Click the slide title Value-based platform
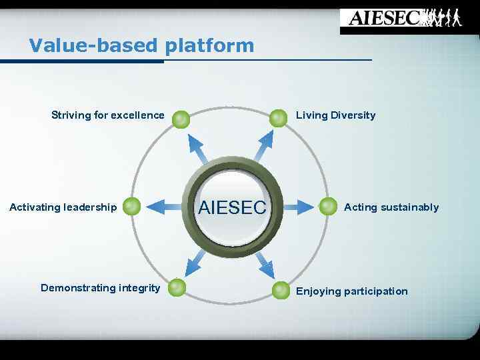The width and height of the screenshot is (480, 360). [x=141, y=45]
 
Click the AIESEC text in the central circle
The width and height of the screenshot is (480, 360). [x=232, y=207]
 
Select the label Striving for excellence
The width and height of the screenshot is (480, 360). [x=107, y=115]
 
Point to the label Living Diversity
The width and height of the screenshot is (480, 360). [x=335, y=115]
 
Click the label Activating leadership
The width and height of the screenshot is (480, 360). [x=63, y=207]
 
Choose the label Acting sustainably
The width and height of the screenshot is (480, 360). [x=391, y=207]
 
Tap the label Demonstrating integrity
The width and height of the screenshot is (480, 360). [x=100, y=288]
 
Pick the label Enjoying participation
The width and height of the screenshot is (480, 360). [x=351, y=291]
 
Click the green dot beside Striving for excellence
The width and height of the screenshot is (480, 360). [x=181, y=119]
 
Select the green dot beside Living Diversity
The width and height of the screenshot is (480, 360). [x=278, y=118]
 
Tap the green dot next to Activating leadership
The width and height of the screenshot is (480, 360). [x=132, y=207]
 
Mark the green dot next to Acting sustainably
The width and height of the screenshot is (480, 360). [x=328, y=207]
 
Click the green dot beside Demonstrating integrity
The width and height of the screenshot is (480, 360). [x=176, y=287]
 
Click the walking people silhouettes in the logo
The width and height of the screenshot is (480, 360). [x=444, y=17]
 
